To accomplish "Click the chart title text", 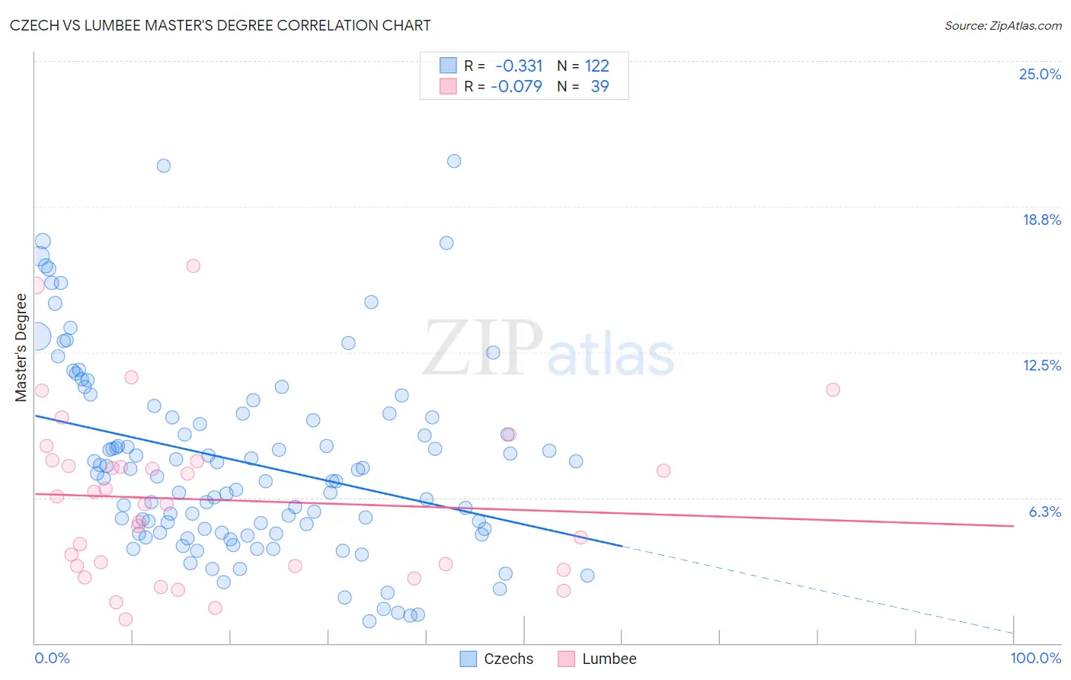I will tap(220, 25).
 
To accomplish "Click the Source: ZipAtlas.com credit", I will tap(1002, 25).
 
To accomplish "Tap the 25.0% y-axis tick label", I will tap(1040, 74).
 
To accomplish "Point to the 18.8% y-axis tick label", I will tap(1041, 220).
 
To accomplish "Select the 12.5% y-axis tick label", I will tap(1041, 365).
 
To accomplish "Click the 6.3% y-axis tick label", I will tap(1044, 512).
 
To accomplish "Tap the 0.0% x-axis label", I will tap(52, 658).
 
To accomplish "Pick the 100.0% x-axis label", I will tap(1035, 658).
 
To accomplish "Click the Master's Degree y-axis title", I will tap(21, 347).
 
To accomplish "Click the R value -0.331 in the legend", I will tap(519, 66).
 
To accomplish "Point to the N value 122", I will tap(596, 66).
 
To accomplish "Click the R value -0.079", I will tap(516, 86).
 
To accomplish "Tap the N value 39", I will tap(599, 86).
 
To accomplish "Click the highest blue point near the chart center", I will tap(454, 161).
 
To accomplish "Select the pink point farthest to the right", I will tap(833, 390).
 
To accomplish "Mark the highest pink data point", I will tap(193, 266).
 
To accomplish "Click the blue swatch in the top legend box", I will tap(448, 66).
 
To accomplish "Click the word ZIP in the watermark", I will tap(482, 348).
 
